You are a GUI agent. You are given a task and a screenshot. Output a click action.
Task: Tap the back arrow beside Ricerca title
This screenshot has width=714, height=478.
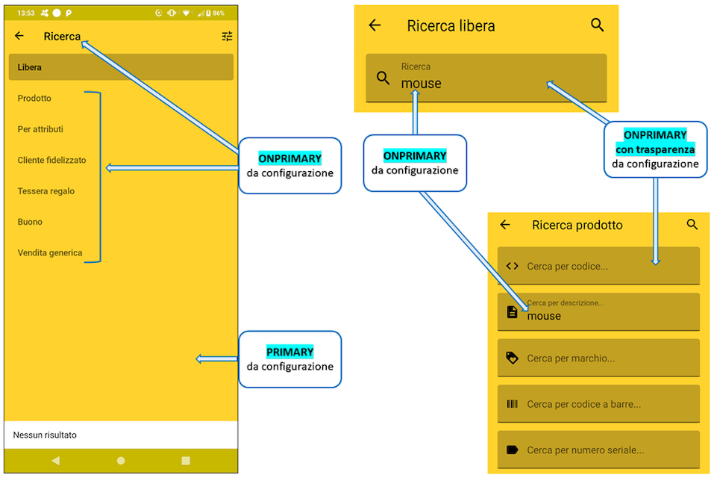click(x=19, y=36)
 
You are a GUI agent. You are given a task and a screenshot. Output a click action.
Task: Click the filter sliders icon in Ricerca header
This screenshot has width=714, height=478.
click(x=227, y=36)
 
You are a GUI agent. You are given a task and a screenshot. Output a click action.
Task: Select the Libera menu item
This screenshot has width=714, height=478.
click(x=30, y=67)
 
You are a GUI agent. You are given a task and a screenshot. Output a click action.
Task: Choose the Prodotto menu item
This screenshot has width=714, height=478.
click(x=34, y=98)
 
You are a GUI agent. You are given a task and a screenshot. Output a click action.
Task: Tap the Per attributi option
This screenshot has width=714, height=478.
click(x=40, y=129)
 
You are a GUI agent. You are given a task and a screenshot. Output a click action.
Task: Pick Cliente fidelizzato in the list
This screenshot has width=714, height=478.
click(x=51, y=160)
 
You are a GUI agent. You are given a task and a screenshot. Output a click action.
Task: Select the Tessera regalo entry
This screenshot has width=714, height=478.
click(x=46, y=191)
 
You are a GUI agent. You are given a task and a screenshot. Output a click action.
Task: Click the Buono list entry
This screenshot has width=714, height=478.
click(x=30, y=222)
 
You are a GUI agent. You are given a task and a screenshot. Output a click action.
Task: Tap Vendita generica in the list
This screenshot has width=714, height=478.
click(x=50, y=253)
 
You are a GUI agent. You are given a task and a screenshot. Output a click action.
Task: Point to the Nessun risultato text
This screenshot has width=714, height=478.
click(x=45, y=435)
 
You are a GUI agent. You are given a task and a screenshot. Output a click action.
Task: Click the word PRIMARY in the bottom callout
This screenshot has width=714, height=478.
click(x=289, y=352)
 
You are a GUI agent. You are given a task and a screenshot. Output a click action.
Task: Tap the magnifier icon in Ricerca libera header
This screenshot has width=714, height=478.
click(x=597, y=25)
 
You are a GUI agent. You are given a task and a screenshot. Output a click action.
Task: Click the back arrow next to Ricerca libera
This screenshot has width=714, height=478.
click(x=375, y=25)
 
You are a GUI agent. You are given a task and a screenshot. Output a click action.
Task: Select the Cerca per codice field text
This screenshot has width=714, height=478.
click(x=567, y=266)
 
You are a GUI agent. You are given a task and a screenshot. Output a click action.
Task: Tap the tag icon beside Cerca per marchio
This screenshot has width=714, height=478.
click(x=513, y=358)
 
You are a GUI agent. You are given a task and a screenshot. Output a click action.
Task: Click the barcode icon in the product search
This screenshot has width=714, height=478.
click(x=513, y=404)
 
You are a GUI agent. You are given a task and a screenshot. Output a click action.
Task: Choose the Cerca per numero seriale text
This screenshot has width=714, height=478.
click(x=586, y=450)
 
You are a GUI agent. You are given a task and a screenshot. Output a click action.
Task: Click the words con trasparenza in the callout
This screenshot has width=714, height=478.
click(x=655, y=149)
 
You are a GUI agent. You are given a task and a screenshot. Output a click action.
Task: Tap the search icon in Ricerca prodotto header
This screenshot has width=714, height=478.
click(x=692, y=224)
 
